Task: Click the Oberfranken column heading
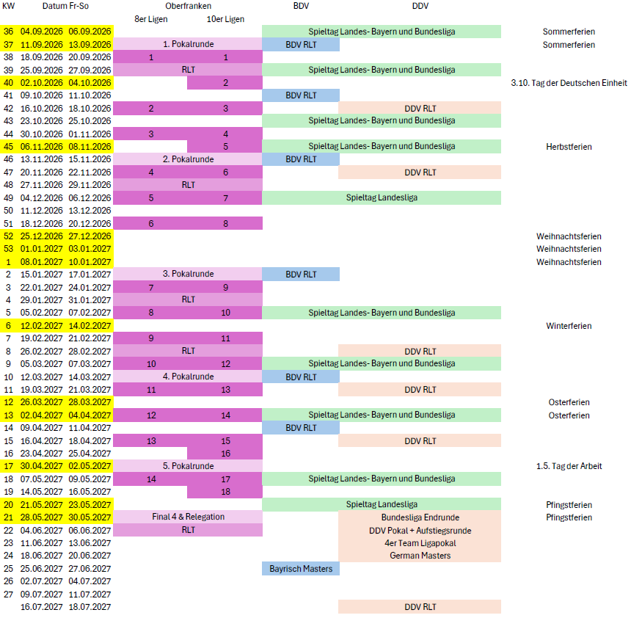189,6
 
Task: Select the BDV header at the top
301,6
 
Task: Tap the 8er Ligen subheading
151,19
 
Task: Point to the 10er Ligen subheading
225,19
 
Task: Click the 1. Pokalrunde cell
189,44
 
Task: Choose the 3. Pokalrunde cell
189,274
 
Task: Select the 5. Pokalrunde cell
189,466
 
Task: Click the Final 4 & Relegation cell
189,517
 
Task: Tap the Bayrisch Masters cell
301,568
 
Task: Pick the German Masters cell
420,556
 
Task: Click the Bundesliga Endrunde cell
420,517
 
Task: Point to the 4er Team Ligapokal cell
420,542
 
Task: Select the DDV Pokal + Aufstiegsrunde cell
420,530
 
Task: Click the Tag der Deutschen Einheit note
569,82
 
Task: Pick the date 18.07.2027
90,606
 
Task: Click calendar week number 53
9,249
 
